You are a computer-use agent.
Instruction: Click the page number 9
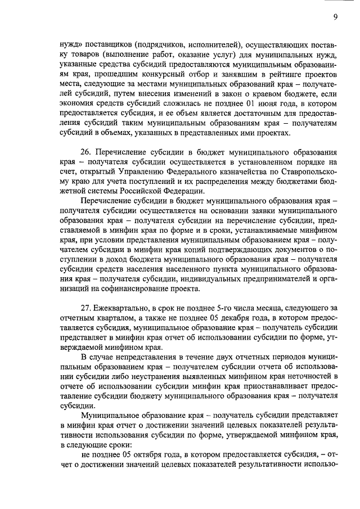tap(335, 17)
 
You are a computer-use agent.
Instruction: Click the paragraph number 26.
tap(87, 152)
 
